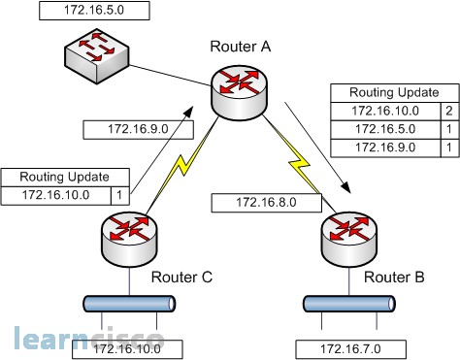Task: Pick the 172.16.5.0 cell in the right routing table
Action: click(x=384, y=128)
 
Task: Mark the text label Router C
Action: click(x=181, y=278)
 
